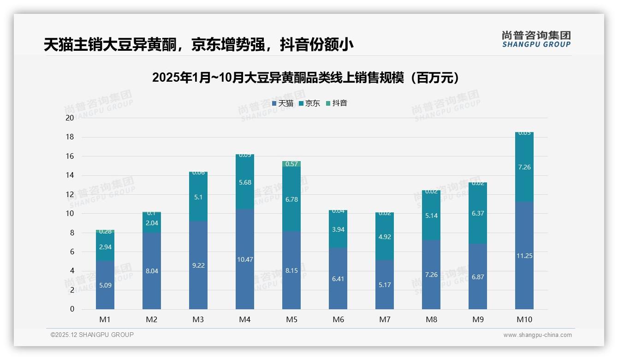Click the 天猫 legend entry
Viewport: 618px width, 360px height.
click(x=283, y=103)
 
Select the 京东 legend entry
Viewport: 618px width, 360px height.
click(x=309, y=103)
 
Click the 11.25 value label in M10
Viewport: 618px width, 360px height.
click(x=524, y=256)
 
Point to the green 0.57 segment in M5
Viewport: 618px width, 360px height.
click(x=291, y=164)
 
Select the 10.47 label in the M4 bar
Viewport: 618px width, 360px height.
click(x=245, y=259)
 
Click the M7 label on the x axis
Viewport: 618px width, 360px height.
click(x=385, y=319)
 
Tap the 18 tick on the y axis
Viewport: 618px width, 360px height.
click(x=70, y=137)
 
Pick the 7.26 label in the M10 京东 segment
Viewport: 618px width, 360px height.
click(x=524, y=167)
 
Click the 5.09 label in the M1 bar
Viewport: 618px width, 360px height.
click(x=105, y=285)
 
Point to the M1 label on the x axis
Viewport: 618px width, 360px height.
click(x=105, y=319)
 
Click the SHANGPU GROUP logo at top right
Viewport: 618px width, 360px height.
click(x=536, y=39)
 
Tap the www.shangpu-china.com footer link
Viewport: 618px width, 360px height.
click(x=537, y=335)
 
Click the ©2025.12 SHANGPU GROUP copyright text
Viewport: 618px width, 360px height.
click(x=92, y=335)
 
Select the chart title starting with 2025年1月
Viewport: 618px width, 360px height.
click(x=306, y=78)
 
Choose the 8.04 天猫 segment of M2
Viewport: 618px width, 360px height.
click(x=152, y=270)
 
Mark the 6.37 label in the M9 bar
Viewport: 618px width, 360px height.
click(x=478, y=213)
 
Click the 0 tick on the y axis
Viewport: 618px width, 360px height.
click(x=72, y=309)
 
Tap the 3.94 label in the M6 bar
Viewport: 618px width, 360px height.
click(x=338, y=229)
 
